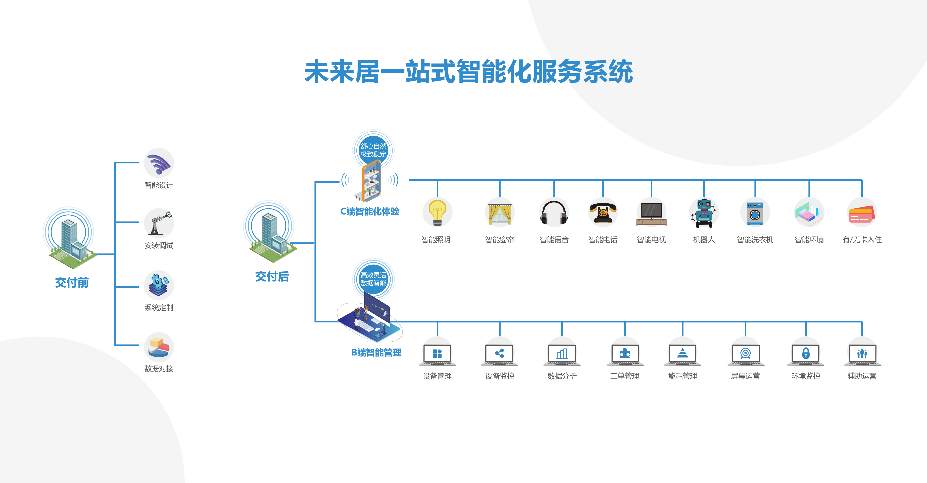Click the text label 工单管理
(624, 376)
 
